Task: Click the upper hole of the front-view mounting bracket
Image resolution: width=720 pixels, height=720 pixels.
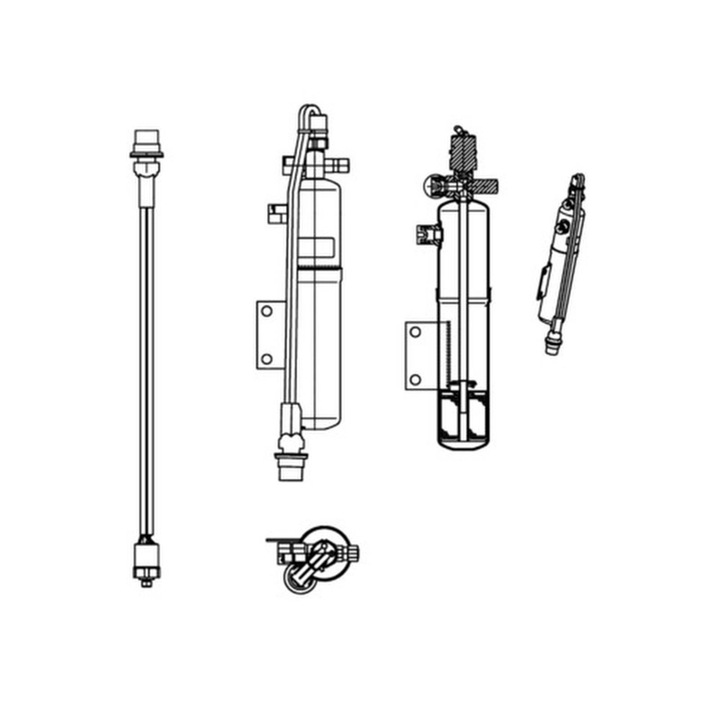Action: [x=266, y=311]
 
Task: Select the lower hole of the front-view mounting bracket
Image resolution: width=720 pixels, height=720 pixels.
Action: [x=266, y=359]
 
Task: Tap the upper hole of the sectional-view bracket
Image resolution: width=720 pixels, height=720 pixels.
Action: [x=415, y=332]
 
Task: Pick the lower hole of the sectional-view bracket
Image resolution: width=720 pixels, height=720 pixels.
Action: [x=415, y=380]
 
